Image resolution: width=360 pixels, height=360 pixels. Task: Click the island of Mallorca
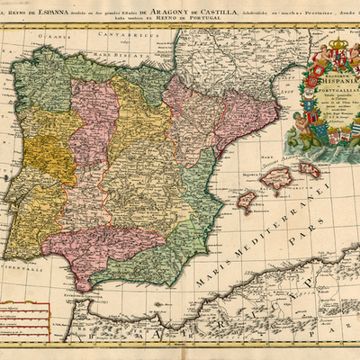pyautogui.click(x=276, y=180)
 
